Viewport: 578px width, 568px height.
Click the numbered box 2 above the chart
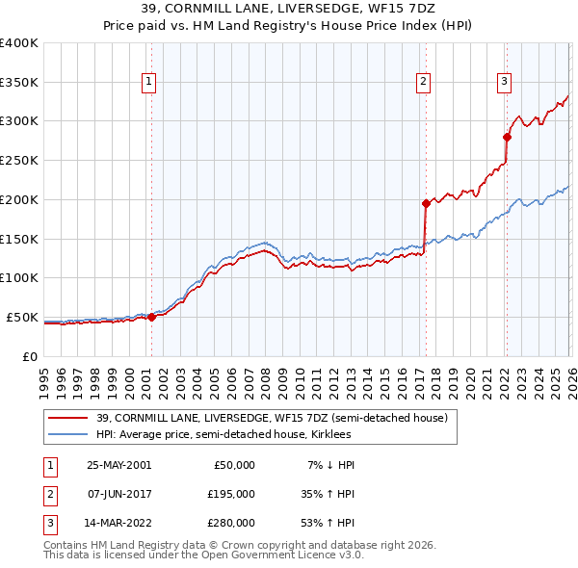[x=423, y=84]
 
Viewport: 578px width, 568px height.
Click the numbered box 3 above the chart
[x=504, y=84]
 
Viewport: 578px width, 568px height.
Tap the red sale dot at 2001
[x=152, y=317]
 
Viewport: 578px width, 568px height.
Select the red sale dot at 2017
[x=425, y=203]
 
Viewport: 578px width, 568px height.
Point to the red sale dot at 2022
[x=507, y=137]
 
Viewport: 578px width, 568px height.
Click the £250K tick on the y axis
[x=18, y=161]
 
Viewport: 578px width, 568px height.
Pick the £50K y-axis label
[x=22, y=317]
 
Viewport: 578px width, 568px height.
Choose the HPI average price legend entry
[x=229, y=435]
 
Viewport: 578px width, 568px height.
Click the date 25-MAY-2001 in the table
[x=118, y=465]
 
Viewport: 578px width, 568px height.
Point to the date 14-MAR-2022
[x=118, y=523]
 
